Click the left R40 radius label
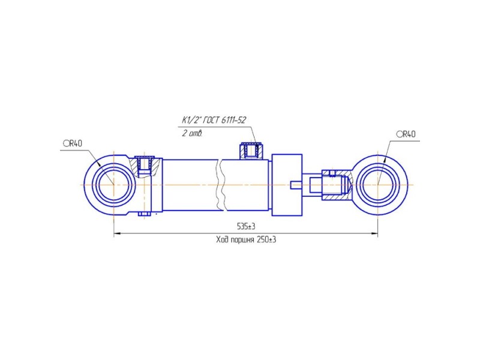[x=73, y=143]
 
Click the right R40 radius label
[x=406, y=134]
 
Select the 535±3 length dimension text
[x=246, y=227]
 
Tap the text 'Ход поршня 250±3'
[x=246, y=239]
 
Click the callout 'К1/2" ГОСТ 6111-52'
[x=214, y=120]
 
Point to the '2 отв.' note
[x=192, y=133]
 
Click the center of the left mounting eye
[x=113, y=185]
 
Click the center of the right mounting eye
[x=378, y=185]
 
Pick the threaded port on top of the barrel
[x=251, y=151]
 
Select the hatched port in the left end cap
[x=144, y=166]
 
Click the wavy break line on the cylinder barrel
[x=220, y=185]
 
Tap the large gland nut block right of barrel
[x=287, y=185]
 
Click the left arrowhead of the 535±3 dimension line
[x=116, y=234]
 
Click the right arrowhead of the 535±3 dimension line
[x=374, y=234]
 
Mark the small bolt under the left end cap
[x=143, y=214]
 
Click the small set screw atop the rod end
[x=332, y=173]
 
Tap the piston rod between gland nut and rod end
[x=312, y=185]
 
